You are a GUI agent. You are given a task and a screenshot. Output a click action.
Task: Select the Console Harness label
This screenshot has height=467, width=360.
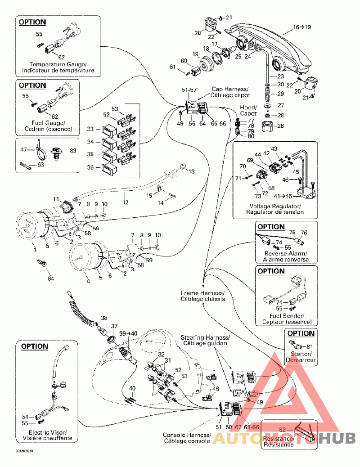[x=187, y=438]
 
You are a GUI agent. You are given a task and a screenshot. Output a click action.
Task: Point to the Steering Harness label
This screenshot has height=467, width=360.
[x=205, y=341]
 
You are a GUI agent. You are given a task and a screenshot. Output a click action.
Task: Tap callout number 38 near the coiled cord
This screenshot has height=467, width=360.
[x=104, y=318]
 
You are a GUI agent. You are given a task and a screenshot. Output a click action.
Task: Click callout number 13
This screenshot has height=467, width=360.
[x=192, y=171]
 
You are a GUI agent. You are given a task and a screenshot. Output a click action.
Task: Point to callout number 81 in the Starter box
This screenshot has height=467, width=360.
[x=309, y=346]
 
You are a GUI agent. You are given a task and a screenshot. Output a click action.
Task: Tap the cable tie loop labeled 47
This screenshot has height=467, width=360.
[x=44, y=152]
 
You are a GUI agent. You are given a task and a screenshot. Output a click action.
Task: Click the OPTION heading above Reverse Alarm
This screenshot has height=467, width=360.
[x=271, y=227]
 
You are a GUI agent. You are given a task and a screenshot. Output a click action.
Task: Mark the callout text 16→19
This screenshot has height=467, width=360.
[x=302, y=27]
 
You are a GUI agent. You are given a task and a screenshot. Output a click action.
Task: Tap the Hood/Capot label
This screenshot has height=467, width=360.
[x=248, y=111]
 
